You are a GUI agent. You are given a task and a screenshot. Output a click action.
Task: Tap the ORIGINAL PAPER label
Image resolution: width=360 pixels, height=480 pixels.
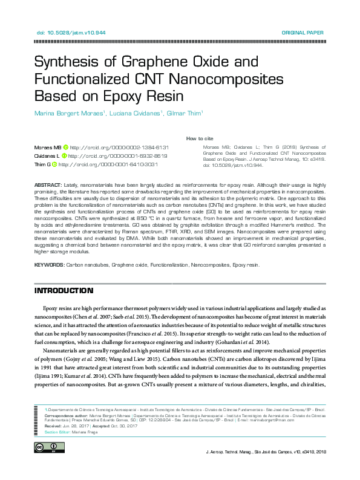[303, 32]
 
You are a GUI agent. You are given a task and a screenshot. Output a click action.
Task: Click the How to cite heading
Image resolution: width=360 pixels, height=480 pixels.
[198, 138]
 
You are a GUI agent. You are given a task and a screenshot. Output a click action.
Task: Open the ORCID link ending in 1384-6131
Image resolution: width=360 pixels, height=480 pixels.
[119, 148]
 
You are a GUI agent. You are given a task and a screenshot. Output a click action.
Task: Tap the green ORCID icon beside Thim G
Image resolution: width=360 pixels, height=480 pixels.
[54, 164]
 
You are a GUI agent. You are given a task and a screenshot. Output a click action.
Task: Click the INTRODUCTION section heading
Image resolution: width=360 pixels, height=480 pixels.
[64, 291]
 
